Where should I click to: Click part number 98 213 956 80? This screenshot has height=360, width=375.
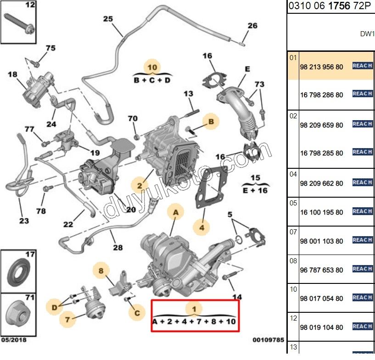coord(321,66)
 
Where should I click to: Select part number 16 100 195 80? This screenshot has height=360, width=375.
coord(321,212)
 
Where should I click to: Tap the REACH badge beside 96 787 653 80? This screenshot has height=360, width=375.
coord(362,269)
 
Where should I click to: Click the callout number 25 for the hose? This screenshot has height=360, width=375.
coord(108,19)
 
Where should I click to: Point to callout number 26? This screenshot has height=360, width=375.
coord(252,26)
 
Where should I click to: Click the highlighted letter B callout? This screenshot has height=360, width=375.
coord(211,122)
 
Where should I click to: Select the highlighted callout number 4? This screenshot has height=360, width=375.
coord(201,226)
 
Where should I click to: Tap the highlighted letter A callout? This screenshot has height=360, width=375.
coord(175,212)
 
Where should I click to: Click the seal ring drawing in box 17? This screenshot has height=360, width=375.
coord(18,273)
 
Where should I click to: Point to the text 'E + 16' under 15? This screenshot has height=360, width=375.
coord(255,190)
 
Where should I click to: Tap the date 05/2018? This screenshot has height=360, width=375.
coord(13,340)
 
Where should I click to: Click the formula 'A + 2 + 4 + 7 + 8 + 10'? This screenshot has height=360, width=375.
coord(194,322)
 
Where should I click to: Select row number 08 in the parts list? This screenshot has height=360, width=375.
coord(293,261)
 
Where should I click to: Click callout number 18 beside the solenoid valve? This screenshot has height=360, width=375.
coord(12,74)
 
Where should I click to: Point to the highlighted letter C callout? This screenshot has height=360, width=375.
coord(136,314)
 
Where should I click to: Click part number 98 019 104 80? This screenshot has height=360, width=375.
coord(321,327)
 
